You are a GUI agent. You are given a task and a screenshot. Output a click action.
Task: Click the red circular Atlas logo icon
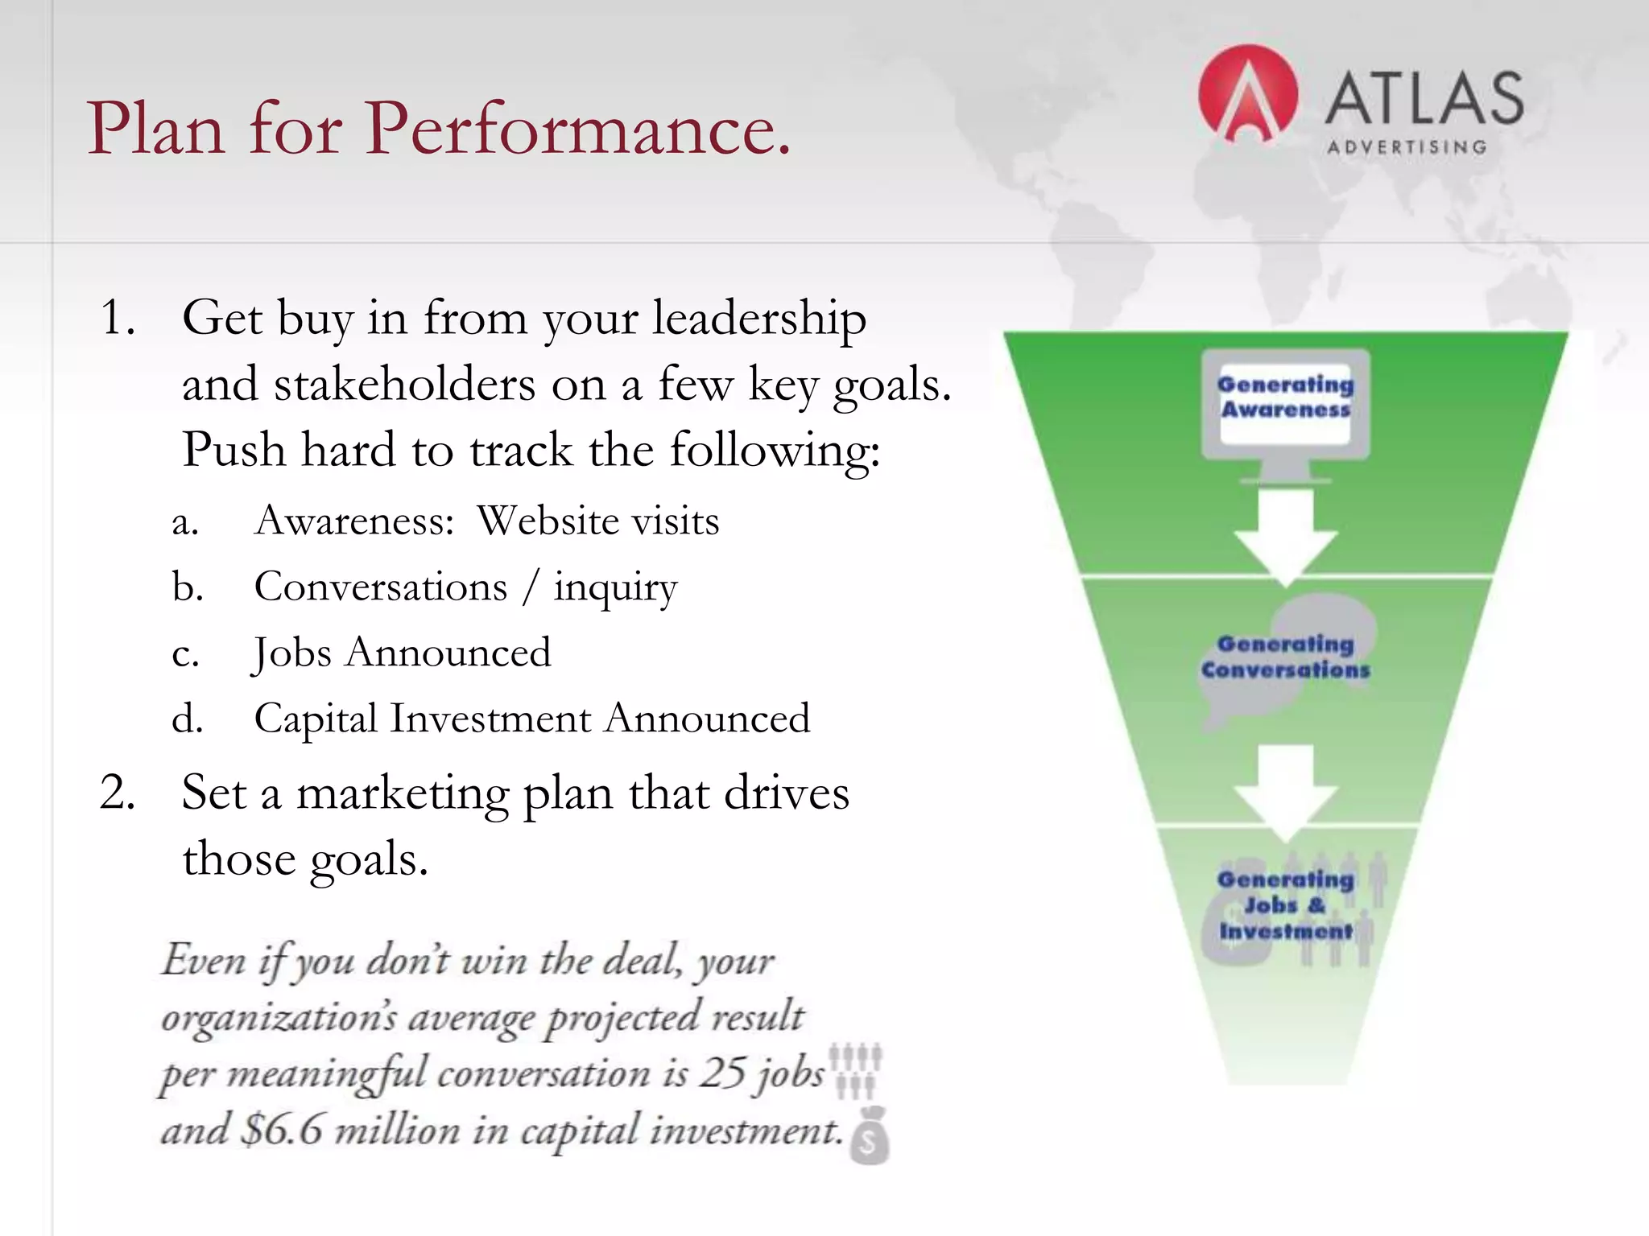point(1247,95)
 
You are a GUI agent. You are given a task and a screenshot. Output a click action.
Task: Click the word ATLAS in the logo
point(1424,98)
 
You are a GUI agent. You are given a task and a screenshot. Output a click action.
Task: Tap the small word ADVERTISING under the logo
point(1407,147)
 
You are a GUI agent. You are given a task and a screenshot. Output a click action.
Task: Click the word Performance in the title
point(578,129)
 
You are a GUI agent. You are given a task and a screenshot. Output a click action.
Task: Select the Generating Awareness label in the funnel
point(1285,397)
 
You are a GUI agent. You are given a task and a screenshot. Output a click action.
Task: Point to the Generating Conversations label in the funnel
point(1285,657)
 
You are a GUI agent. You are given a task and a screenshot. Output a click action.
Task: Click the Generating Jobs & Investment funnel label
point(1285,904)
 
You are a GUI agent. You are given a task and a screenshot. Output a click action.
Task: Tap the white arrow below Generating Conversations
point(1285,790)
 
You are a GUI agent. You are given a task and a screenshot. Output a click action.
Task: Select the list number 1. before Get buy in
point(118,317)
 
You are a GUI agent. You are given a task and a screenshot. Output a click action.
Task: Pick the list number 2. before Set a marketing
point(118,792)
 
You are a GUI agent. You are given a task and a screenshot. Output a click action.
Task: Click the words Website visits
point(597,521)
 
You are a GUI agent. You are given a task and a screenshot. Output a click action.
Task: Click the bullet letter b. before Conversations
point(187,587)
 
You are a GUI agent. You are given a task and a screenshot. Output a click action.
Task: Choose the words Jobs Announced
point(402,653)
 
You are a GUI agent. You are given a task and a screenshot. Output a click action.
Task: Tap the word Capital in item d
point(316,718)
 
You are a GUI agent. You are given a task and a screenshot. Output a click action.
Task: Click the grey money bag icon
point(869,1136)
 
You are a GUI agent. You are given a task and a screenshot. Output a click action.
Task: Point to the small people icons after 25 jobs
point(856,1070)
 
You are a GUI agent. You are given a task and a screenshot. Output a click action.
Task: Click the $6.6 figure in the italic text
point(282,1130)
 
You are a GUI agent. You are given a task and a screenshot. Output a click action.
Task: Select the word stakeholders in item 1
point(404,384)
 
